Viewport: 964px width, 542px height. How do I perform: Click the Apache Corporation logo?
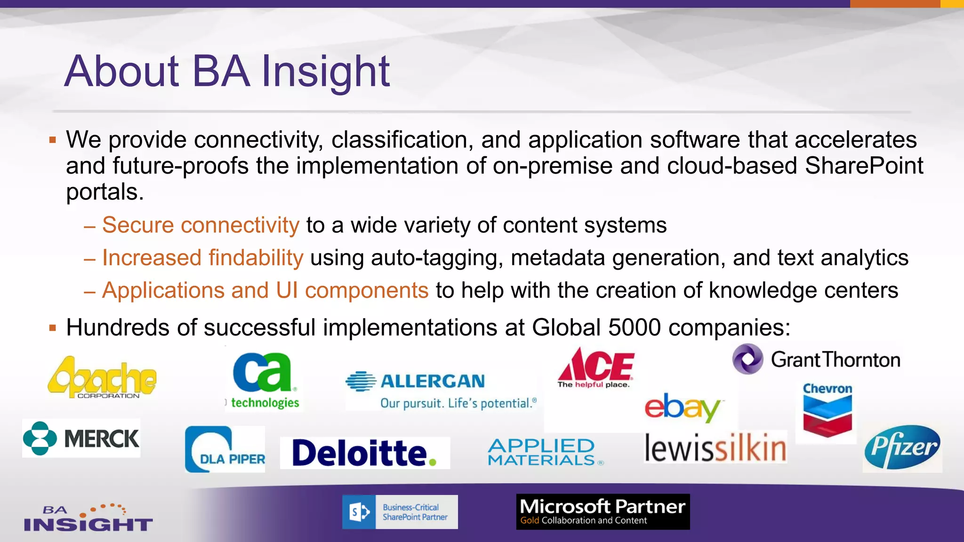[102, 378]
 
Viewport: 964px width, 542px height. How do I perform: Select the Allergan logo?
[440, 390]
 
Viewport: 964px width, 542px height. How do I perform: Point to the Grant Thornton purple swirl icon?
[747, 359]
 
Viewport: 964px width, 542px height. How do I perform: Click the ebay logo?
[682, 407]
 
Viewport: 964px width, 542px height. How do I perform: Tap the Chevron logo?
[827, 409]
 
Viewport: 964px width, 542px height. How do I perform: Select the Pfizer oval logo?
[902, 447]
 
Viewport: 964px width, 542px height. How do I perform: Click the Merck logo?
[81, 438]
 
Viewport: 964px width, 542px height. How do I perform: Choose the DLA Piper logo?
[225, 449]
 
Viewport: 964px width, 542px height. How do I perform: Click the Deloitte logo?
[364, 453]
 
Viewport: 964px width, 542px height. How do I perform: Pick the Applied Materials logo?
[543, 452]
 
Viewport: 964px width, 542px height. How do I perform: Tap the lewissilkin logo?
[715, 447]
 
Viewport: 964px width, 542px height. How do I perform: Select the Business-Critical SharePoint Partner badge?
[400, 512]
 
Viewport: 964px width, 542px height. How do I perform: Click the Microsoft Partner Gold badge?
[602, 512]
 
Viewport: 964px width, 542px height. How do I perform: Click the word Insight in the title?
[325, 72]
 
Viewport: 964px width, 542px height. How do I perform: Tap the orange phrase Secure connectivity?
[201, 225]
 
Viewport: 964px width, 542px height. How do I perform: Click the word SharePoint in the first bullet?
[864, 166]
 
